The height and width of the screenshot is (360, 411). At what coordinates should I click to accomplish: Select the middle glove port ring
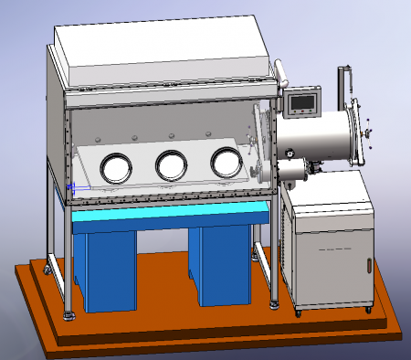pyautogui.click(x=171, y=164)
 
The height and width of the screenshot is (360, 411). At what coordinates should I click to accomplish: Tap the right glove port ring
pyautogui.click(x=226, y=162)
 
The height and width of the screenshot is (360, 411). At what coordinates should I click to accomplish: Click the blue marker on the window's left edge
pyautogui.click(x=70, y=188)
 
